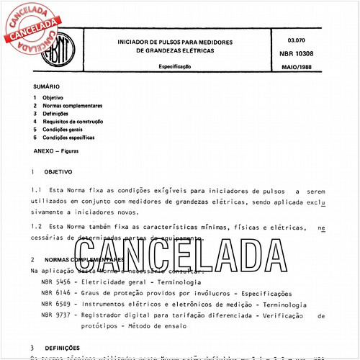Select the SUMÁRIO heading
click(45, 85)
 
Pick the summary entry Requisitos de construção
click(73, 121)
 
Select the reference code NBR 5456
click(56, 283)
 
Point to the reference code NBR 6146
click(56, 294)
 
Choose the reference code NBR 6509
click(56, 305)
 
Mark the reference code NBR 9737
click(56, 315)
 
